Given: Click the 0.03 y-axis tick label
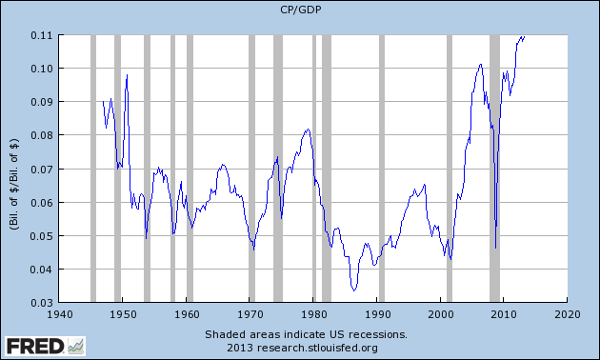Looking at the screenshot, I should (x=39, y=303).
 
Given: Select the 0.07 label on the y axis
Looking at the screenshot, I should (x=39, y=169).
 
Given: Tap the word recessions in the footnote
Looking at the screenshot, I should (x=376, y=334).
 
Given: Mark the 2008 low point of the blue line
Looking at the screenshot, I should (x=496, y=249).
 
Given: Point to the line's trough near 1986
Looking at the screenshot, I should (x=353, y=290).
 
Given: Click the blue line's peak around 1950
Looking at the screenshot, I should (x=127, y=74).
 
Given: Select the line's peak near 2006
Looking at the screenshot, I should (x=481, y=64).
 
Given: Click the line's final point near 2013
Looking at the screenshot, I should (x=525, y=36).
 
